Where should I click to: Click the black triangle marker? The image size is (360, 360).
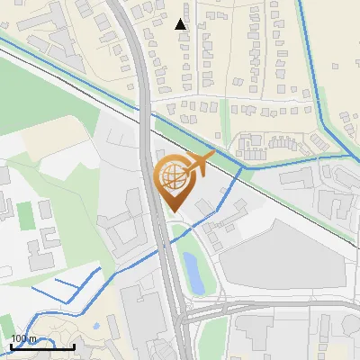(181, 24)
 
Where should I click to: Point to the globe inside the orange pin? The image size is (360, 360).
(172, 176)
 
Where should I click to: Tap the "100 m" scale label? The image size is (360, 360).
(24, 339)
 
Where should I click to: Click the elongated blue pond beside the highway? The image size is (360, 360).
(192, 269)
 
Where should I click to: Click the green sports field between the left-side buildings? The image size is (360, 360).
(24, 214)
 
